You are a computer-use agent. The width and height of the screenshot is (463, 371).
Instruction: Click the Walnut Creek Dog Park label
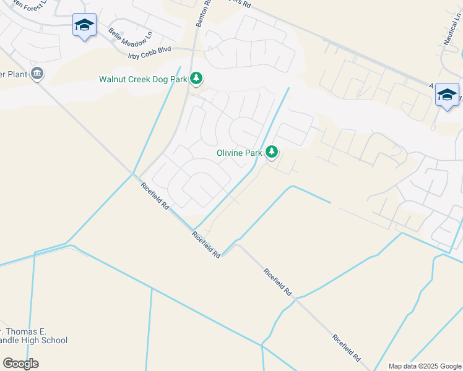tap(143, 79)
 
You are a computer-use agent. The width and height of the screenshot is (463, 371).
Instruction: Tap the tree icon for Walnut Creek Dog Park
tap(196, 78)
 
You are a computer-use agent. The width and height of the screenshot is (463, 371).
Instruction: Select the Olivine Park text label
tap(239, 153)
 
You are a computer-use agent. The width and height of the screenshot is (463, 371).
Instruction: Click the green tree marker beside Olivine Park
tap(271, 151)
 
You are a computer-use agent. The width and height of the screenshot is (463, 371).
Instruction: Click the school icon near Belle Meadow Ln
tap(84, 25)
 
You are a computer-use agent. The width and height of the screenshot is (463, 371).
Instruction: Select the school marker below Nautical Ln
tap(447, 95)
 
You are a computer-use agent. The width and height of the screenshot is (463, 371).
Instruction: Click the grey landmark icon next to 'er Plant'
tap(37, 74)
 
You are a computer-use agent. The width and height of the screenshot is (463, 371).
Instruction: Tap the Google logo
tap(20, 363)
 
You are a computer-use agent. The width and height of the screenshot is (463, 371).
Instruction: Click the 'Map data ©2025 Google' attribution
tap(424, 366)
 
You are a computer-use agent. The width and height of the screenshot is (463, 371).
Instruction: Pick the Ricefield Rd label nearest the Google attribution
tap(346, 348)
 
